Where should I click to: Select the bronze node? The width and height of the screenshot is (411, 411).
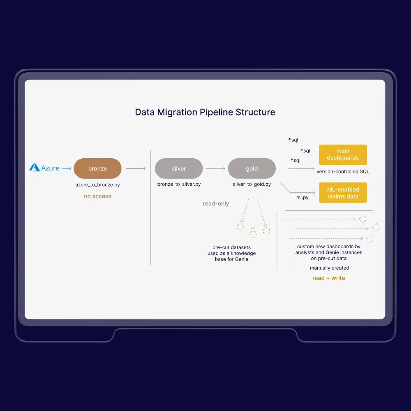97,169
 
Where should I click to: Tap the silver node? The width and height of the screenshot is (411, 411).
179,169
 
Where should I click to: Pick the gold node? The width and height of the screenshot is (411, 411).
252,169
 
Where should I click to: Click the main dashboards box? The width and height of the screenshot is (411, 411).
343,155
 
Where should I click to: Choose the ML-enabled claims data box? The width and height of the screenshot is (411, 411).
343,193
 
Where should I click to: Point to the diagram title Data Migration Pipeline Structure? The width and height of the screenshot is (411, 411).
205,112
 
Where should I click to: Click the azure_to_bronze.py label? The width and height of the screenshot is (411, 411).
97,185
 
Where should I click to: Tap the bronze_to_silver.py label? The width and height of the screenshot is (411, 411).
179,185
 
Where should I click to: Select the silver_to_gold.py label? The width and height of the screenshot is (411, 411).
252,185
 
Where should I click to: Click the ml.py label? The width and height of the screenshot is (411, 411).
303,198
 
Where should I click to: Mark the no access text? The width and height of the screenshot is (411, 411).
97,196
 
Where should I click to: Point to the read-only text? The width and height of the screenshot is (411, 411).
216,203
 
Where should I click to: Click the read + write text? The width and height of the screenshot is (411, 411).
329,278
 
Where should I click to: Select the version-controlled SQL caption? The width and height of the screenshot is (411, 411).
343,171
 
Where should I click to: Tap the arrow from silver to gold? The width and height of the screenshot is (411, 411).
215,169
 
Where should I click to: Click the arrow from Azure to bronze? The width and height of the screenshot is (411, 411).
66,168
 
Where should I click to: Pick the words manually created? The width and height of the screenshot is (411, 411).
330,268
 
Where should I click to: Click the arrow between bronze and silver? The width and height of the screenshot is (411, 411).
136,169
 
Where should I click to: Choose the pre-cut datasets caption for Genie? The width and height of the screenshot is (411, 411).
231,253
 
